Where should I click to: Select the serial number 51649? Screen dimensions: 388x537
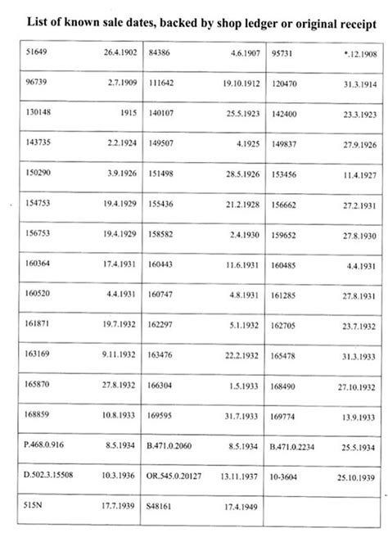point(38,53)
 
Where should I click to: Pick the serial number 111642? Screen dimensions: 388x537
point(165,83)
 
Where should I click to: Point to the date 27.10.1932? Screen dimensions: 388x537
point(359,386)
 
